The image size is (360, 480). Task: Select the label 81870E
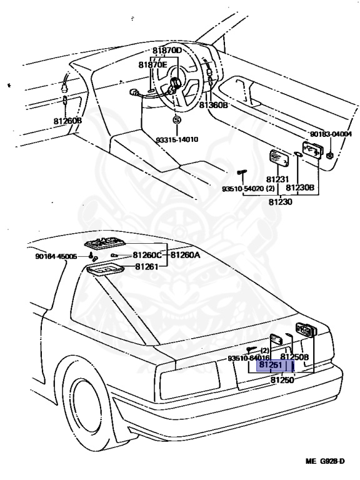coord(152,64)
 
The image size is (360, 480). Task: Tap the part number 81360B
coord(214,106)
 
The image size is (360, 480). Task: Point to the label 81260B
coord(67,121)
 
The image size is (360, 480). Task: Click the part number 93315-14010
coord(177,139)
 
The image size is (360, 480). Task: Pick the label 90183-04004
coord(331,134)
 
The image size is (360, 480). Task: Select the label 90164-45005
coord(56,256)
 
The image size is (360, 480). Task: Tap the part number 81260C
coord(146,255)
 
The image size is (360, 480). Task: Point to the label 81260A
coord(186,255)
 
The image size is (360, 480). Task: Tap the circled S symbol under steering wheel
coord(177,119)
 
